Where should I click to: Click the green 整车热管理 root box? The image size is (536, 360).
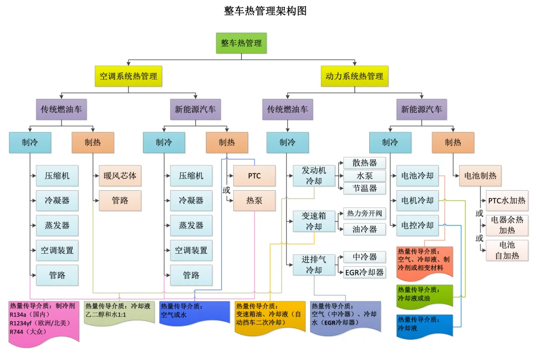[241, 43]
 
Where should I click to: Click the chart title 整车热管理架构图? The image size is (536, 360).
[265, 11]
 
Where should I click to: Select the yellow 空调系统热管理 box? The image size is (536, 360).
[129, 76]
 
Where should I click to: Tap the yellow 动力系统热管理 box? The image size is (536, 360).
[354, 76]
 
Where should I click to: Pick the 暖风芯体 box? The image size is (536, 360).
[120, 175]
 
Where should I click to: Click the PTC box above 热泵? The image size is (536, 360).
[254, 175]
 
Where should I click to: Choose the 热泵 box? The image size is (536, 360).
[254, 201]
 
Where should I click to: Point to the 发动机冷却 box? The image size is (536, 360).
[314, 175]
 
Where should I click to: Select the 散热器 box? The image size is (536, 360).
[365, 163]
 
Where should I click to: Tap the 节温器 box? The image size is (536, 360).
[365, 188]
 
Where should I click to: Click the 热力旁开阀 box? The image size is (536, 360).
[365, 214]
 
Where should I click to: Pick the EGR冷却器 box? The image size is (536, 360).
[365, 272]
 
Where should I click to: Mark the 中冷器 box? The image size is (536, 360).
[365, 257]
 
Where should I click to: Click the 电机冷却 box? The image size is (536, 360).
[417, 201]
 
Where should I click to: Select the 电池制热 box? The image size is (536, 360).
[480, 175]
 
